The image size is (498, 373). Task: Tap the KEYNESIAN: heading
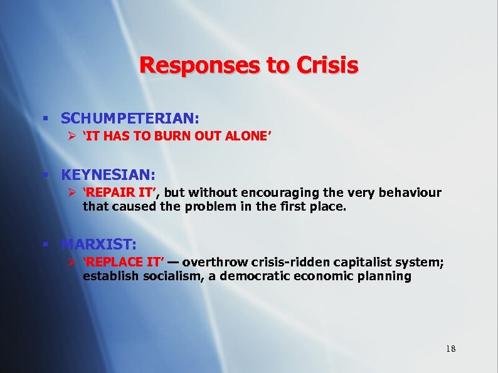click(x=108, y=173)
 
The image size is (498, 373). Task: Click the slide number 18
click(x=450, y=349)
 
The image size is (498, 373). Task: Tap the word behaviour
click(x=408, y=192)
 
